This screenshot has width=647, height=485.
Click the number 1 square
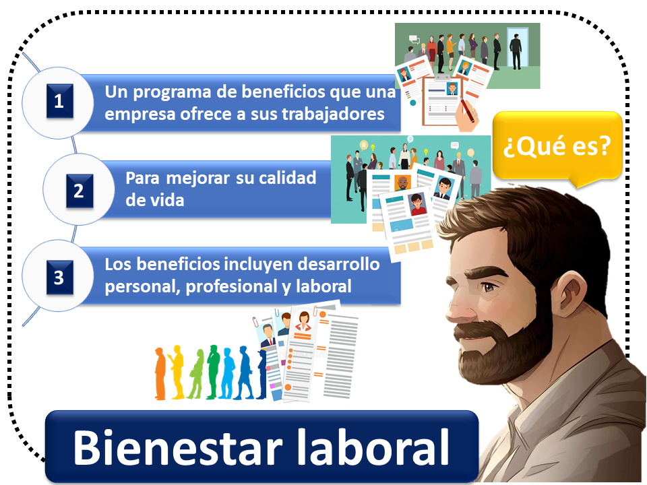coord(60,101)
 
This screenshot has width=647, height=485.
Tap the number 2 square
coord(80,191)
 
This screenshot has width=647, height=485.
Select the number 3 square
coord(60,278)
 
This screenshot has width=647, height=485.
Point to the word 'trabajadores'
coord(333,114)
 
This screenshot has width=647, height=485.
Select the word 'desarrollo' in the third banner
coord(338,264)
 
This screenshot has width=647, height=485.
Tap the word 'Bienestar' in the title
coord(178,447)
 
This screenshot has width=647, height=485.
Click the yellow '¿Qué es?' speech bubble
coord(557,145)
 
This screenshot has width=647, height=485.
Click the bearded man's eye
coord(489,287)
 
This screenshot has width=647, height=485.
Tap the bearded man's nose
coord(456,310)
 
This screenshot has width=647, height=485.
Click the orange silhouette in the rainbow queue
coord(160,374)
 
